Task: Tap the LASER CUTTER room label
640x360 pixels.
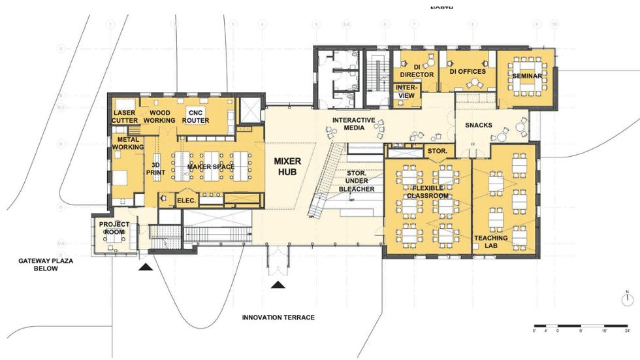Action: click(124, 116)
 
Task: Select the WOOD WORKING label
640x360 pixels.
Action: click(159, 116)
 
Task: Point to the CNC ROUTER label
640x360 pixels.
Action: click(195, 116)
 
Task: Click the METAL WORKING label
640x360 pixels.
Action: click(127, 143)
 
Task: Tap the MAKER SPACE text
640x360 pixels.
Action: click(210, 167)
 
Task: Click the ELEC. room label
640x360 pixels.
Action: click(187, 201)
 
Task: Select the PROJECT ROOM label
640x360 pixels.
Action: click(114, 228)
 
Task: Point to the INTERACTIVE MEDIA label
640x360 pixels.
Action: click(353, 124)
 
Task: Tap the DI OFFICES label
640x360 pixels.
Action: click(467, 71)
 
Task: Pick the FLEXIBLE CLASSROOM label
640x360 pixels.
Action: click(428, 191)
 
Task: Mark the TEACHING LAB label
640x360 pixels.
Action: click(490, 242)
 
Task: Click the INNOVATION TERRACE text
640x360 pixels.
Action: click(278, 318)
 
